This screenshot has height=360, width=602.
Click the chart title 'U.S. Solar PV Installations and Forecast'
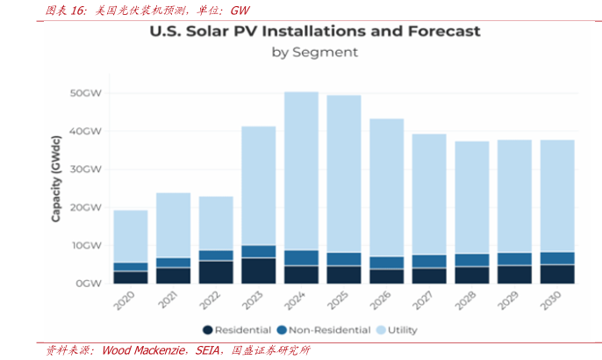pos(314,32)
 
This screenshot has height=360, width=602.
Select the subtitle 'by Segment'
pos(314,52)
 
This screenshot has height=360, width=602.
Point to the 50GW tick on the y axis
pos(89,93)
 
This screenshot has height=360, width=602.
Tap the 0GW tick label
pos(91,284)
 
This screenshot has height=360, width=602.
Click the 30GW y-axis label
pos(89,169)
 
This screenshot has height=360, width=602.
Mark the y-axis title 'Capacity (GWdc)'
pos(55,176)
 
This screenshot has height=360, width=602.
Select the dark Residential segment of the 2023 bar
pos(258,270)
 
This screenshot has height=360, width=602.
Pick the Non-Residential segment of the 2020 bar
pos(130,267)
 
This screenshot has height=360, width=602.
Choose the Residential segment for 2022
pos(216,272)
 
